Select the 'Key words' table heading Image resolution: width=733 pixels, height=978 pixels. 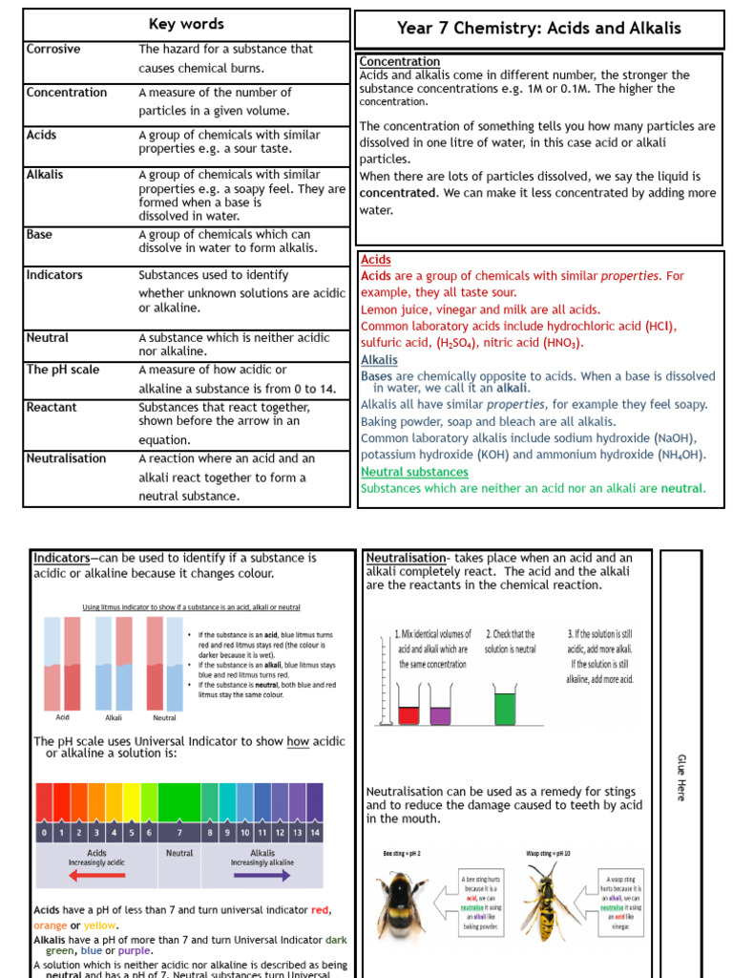[186, 24]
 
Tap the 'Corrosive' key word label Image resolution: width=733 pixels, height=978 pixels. [53, 49]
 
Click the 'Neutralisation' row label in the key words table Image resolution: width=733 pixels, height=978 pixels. [67, 458]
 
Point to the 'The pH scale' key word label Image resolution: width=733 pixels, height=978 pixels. [63, 370]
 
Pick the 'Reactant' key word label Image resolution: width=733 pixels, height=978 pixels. [52, 407]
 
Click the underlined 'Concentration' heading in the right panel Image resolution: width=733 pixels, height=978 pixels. [400, 62]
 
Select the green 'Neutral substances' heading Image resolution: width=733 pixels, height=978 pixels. [414, 472]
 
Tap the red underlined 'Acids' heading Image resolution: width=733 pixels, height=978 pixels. [375, 260]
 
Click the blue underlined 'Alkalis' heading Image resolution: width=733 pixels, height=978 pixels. [379, 360]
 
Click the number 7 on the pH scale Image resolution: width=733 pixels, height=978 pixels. [178, 832]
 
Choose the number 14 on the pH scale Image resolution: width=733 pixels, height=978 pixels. [314, 832]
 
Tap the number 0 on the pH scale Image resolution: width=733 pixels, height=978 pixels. [44, 832]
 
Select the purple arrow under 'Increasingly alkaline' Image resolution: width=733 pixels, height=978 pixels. [262, 875]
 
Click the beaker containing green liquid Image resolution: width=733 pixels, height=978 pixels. [504, 708]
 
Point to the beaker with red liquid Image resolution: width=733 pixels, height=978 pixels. [408, 713]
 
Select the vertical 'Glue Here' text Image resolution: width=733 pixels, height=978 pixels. [681, 776]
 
